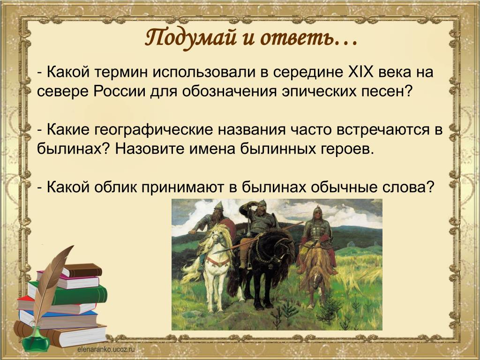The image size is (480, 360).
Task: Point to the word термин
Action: (x=121, y=73)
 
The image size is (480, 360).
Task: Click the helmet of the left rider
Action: (x=219, y=206)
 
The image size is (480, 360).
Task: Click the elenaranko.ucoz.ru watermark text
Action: (x=106, y=349)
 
